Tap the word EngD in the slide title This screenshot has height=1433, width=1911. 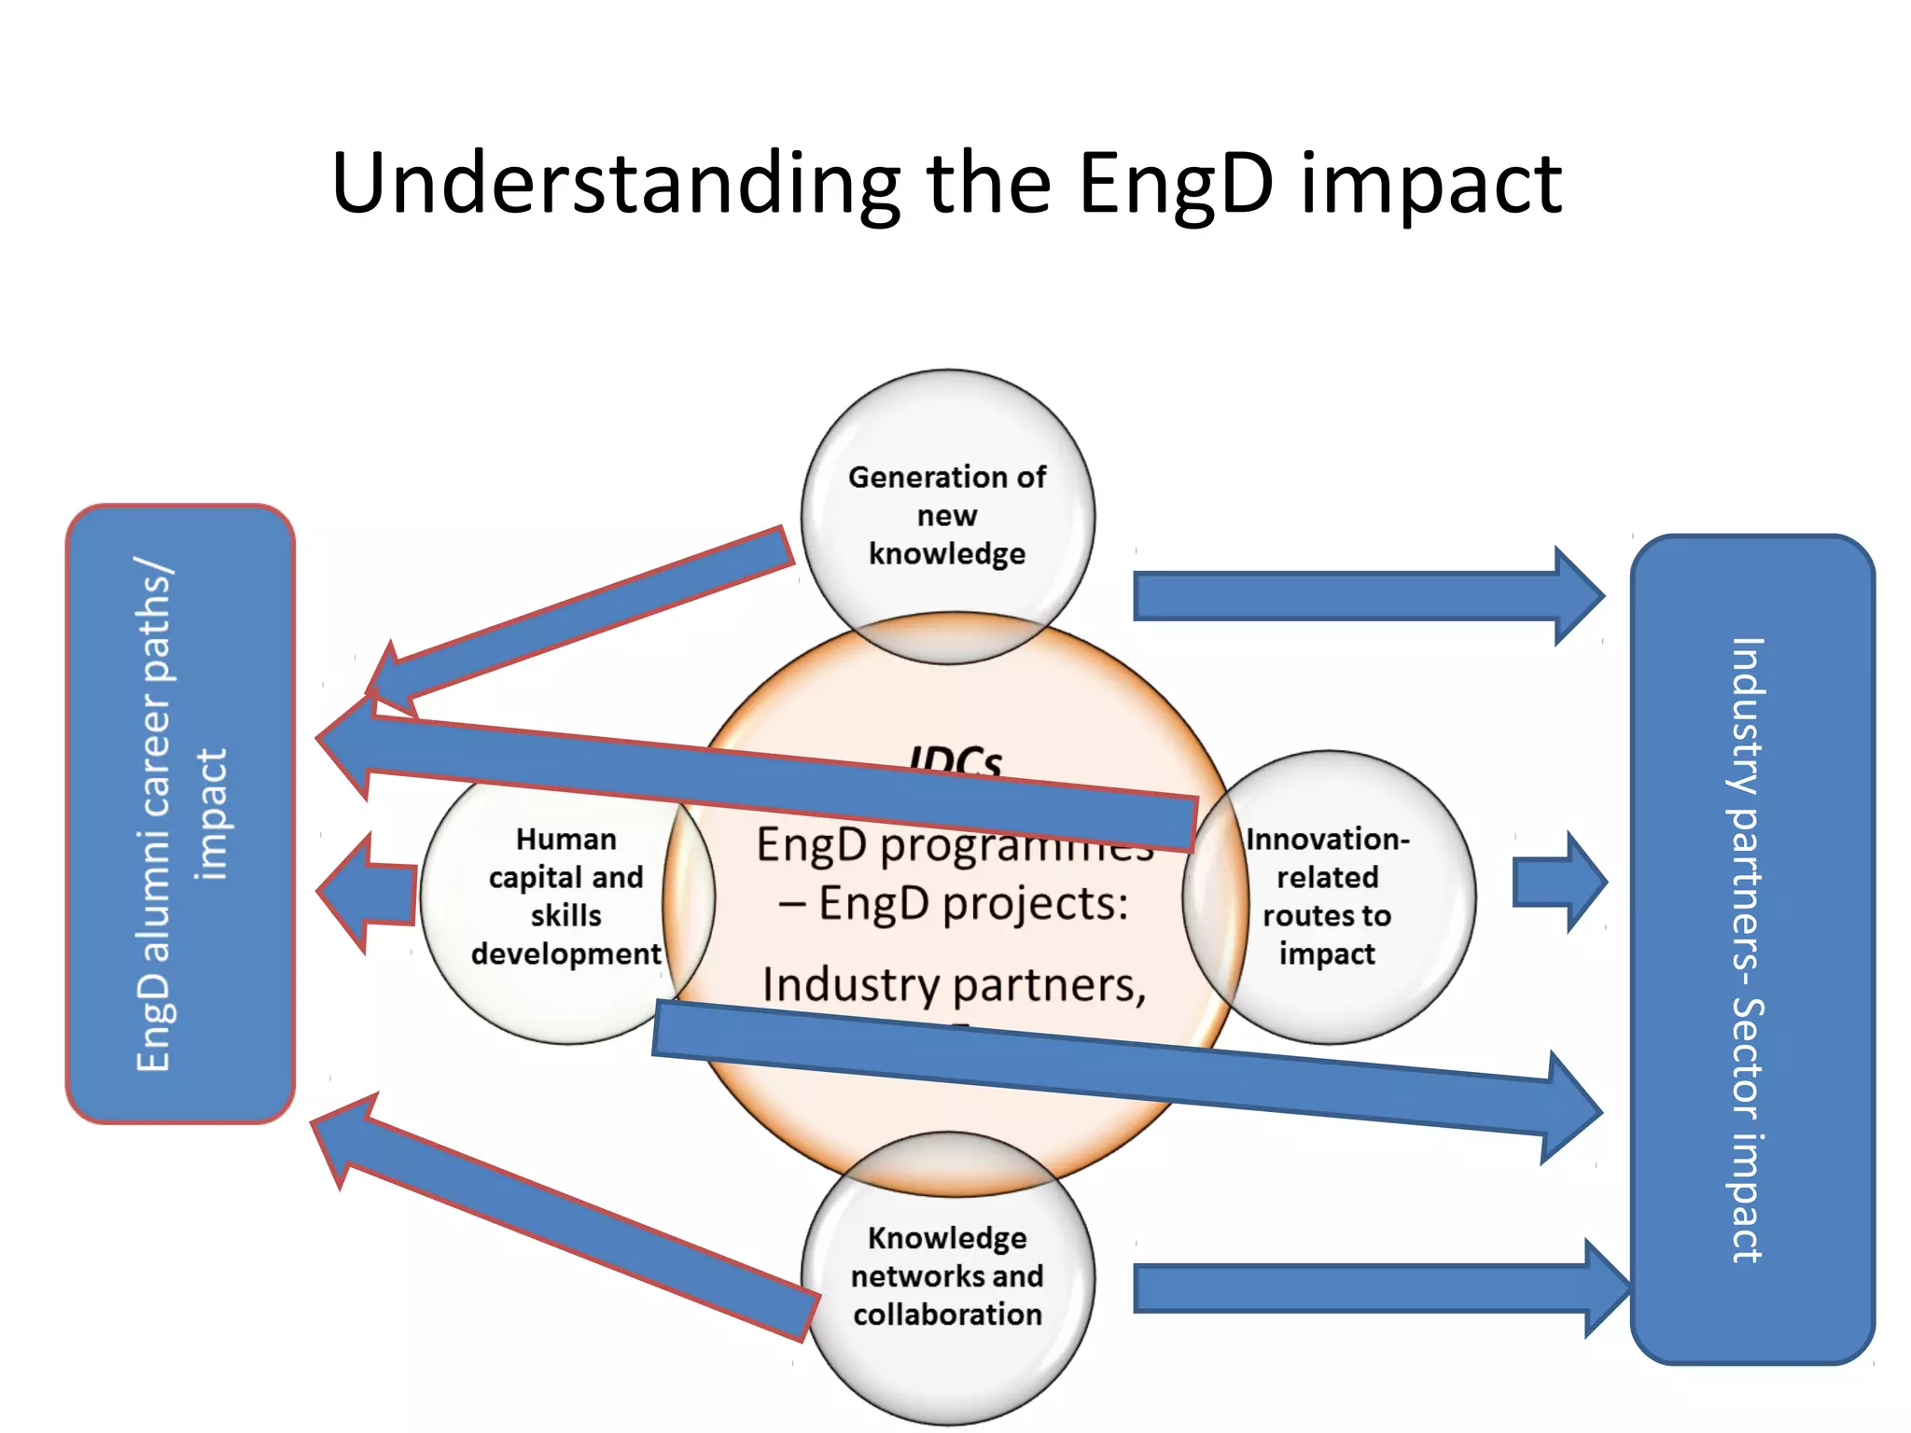(x=1176, y=184)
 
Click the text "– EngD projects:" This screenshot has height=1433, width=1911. (x=954, y=903)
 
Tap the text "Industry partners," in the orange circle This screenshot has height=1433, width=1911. (x=954, y=985)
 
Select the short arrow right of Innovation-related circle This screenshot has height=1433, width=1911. (x=1558, y=882)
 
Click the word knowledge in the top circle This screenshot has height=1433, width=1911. (x=947, y=553)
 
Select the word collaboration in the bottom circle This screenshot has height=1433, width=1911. (x=947, y=1314)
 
